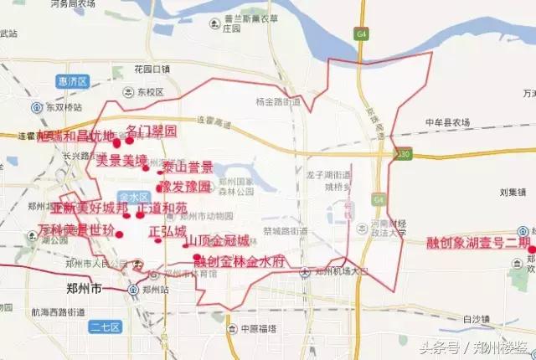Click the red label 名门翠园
click(152, 131)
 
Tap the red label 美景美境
click(122, 159)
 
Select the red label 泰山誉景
click(188, 167)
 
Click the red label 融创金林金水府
click(240, 261)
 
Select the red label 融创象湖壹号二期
click(478, 244)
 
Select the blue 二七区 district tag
click(106, 327)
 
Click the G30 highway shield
click(405, 154)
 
